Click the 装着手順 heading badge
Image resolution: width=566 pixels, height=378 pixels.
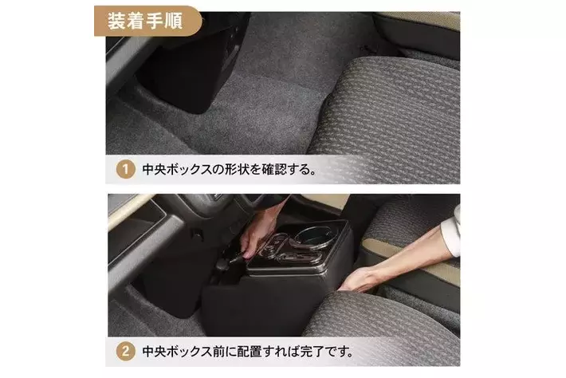pos(147,21)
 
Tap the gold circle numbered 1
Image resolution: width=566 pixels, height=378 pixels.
pos(126,169)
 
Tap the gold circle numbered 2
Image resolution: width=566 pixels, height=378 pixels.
pos(126,351)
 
